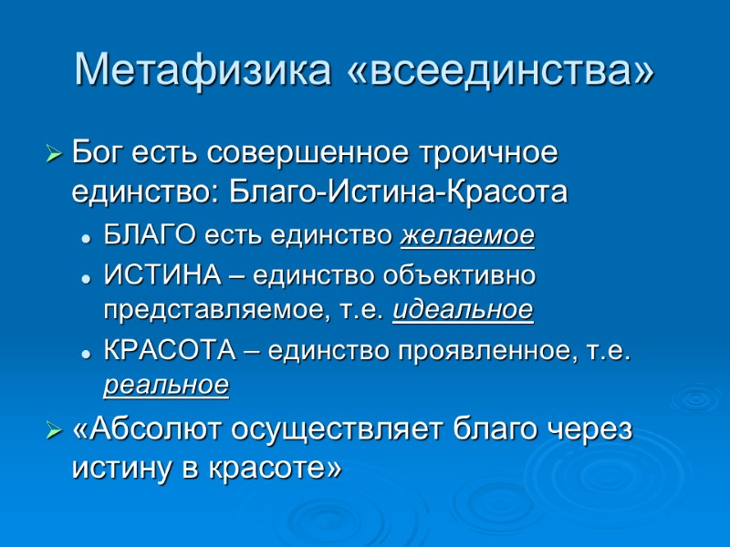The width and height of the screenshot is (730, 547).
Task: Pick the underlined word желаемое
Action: [x=468, y=236]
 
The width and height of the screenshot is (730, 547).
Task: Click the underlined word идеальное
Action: [x=463, y=311]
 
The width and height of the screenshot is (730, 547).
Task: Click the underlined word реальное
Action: [x=165, y=386]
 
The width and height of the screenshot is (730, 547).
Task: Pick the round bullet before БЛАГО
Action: [x=86, y=238]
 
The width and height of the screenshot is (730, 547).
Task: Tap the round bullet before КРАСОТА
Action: [x=86, y=350]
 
